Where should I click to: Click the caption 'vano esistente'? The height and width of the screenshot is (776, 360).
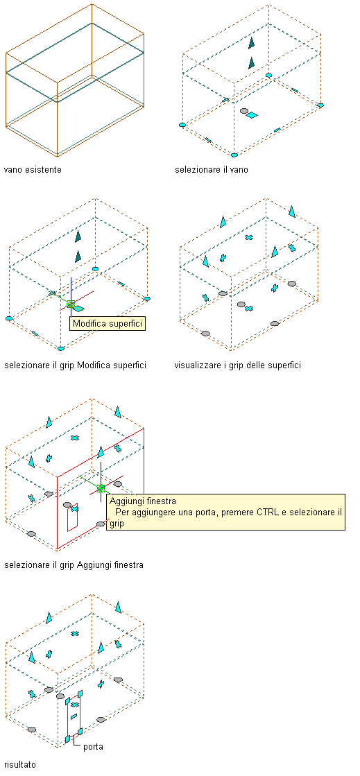33,170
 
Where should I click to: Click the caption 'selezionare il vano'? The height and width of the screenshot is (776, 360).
212,170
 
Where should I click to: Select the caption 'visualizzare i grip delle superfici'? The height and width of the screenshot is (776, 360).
238,365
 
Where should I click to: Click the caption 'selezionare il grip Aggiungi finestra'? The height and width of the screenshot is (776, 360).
74,564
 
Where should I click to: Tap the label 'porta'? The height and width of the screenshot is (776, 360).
93,746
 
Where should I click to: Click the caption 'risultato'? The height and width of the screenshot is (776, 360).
20,765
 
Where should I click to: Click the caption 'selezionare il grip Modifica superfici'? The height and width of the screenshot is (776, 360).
75,365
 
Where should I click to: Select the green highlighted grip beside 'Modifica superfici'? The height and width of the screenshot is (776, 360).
71,304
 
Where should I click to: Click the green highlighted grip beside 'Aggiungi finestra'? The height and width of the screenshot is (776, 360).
101,488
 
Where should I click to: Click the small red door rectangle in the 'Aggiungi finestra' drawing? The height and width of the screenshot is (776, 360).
68,519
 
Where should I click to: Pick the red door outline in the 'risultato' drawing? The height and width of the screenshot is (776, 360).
68,718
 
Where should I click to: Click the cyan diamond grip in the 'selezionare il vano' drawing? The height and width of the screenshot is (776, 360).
252,115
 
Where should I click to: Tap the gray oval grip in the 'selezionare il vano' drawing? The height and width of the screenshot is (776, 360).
243,111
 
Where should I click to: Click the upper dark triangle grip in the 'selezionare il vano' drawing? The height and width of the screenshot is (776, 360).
252,42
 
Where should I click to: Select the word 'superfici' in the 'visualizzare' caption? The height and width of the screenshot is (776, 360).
284,365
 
